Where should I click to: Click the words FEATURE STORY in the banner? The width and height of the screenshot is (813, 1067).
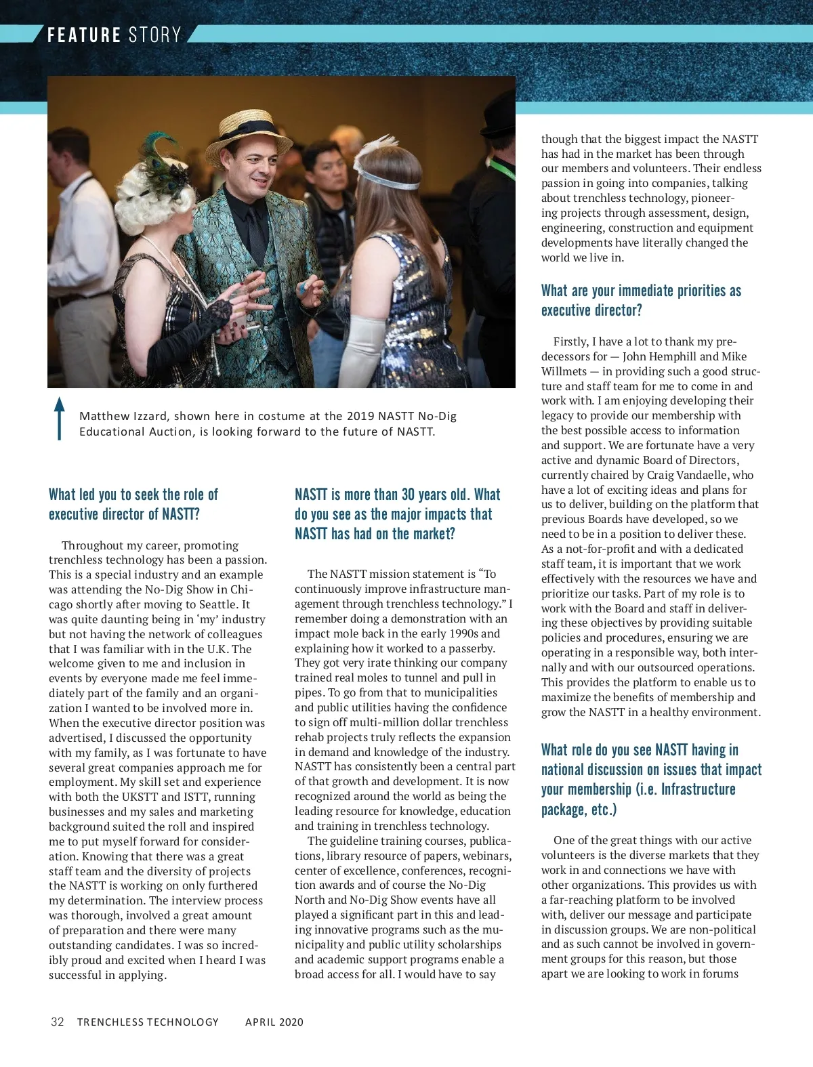[114, 35]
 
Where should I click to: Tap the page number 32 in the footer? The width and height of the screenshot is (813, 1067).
[58, 1022]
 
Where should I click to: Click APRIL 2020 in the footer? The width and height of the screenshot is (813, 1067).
[274, 1022]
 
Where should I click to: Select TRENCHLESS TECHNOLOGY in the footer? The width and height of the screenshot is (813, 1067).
[148, 1022]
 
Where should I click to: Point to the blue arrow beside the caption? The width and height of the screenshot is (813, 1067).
[60, 418]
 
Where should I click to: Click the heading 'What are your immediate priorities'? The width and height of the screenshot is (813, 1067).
[641, 300]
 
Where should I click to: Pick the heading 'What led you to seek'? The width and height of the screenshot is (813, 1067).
[133, 504]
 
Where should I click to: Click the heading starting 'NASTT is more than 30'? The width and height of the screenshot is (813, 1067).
[397, 514]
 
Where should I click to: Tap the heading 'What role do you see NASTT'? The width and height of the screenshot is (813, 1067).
[651, 779]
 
